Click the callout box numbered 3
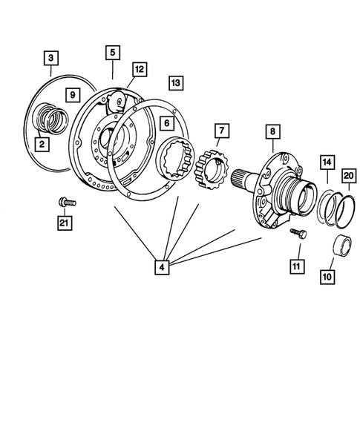tap(50, 57)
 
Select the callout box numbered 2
tap(42, 143)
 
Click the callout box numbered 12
tap(139, 69)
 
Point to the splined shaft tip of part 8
tap(240, 179)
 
